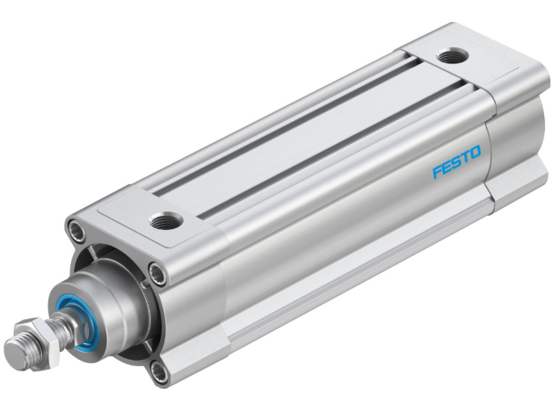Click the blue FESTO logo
click(x=456, y=163)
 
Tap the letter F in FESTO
click(x=437, y=171)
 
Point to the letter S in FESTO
click(x=456, y=163)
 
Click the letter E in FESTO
click(x=447, y=167)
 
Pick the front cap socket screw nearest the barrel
click(x=159, y=275)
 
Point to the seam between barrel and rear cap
click(x=492, y=149)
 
